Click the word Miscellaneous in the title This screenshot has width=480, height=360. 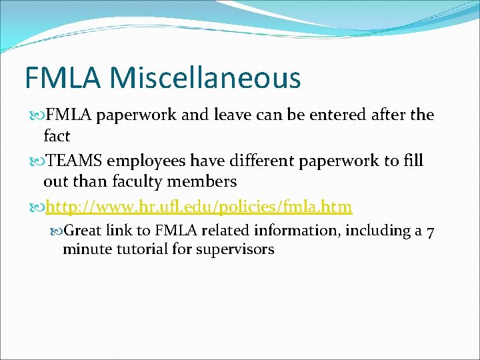click(x=206, y=78)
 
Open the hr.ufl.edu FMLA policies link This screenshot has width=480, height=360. click(x=198, y=207)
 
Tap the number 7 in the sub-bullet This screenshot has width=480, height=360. click(x=431, y=231)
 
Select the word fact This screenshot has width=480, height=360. click(x=57, y=135)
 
